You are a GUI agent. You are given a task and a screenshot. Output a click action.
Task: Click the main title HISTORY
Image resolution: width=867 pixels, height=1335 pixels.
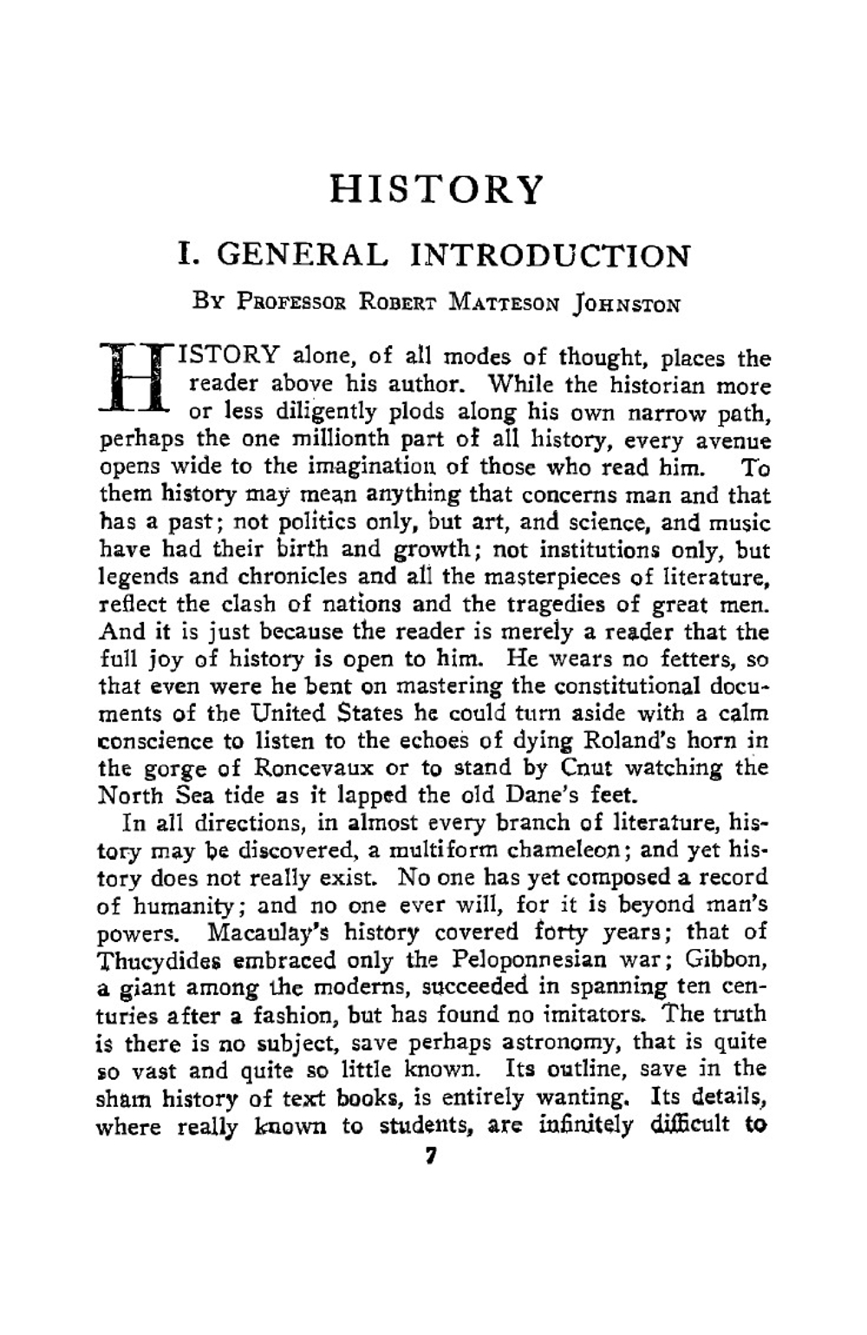click(x=437, y=190)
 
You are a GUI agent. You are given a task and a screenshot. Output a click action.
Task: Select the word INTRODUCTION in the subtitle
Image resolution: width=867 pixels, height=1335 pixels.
click(x=550, y=255)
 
